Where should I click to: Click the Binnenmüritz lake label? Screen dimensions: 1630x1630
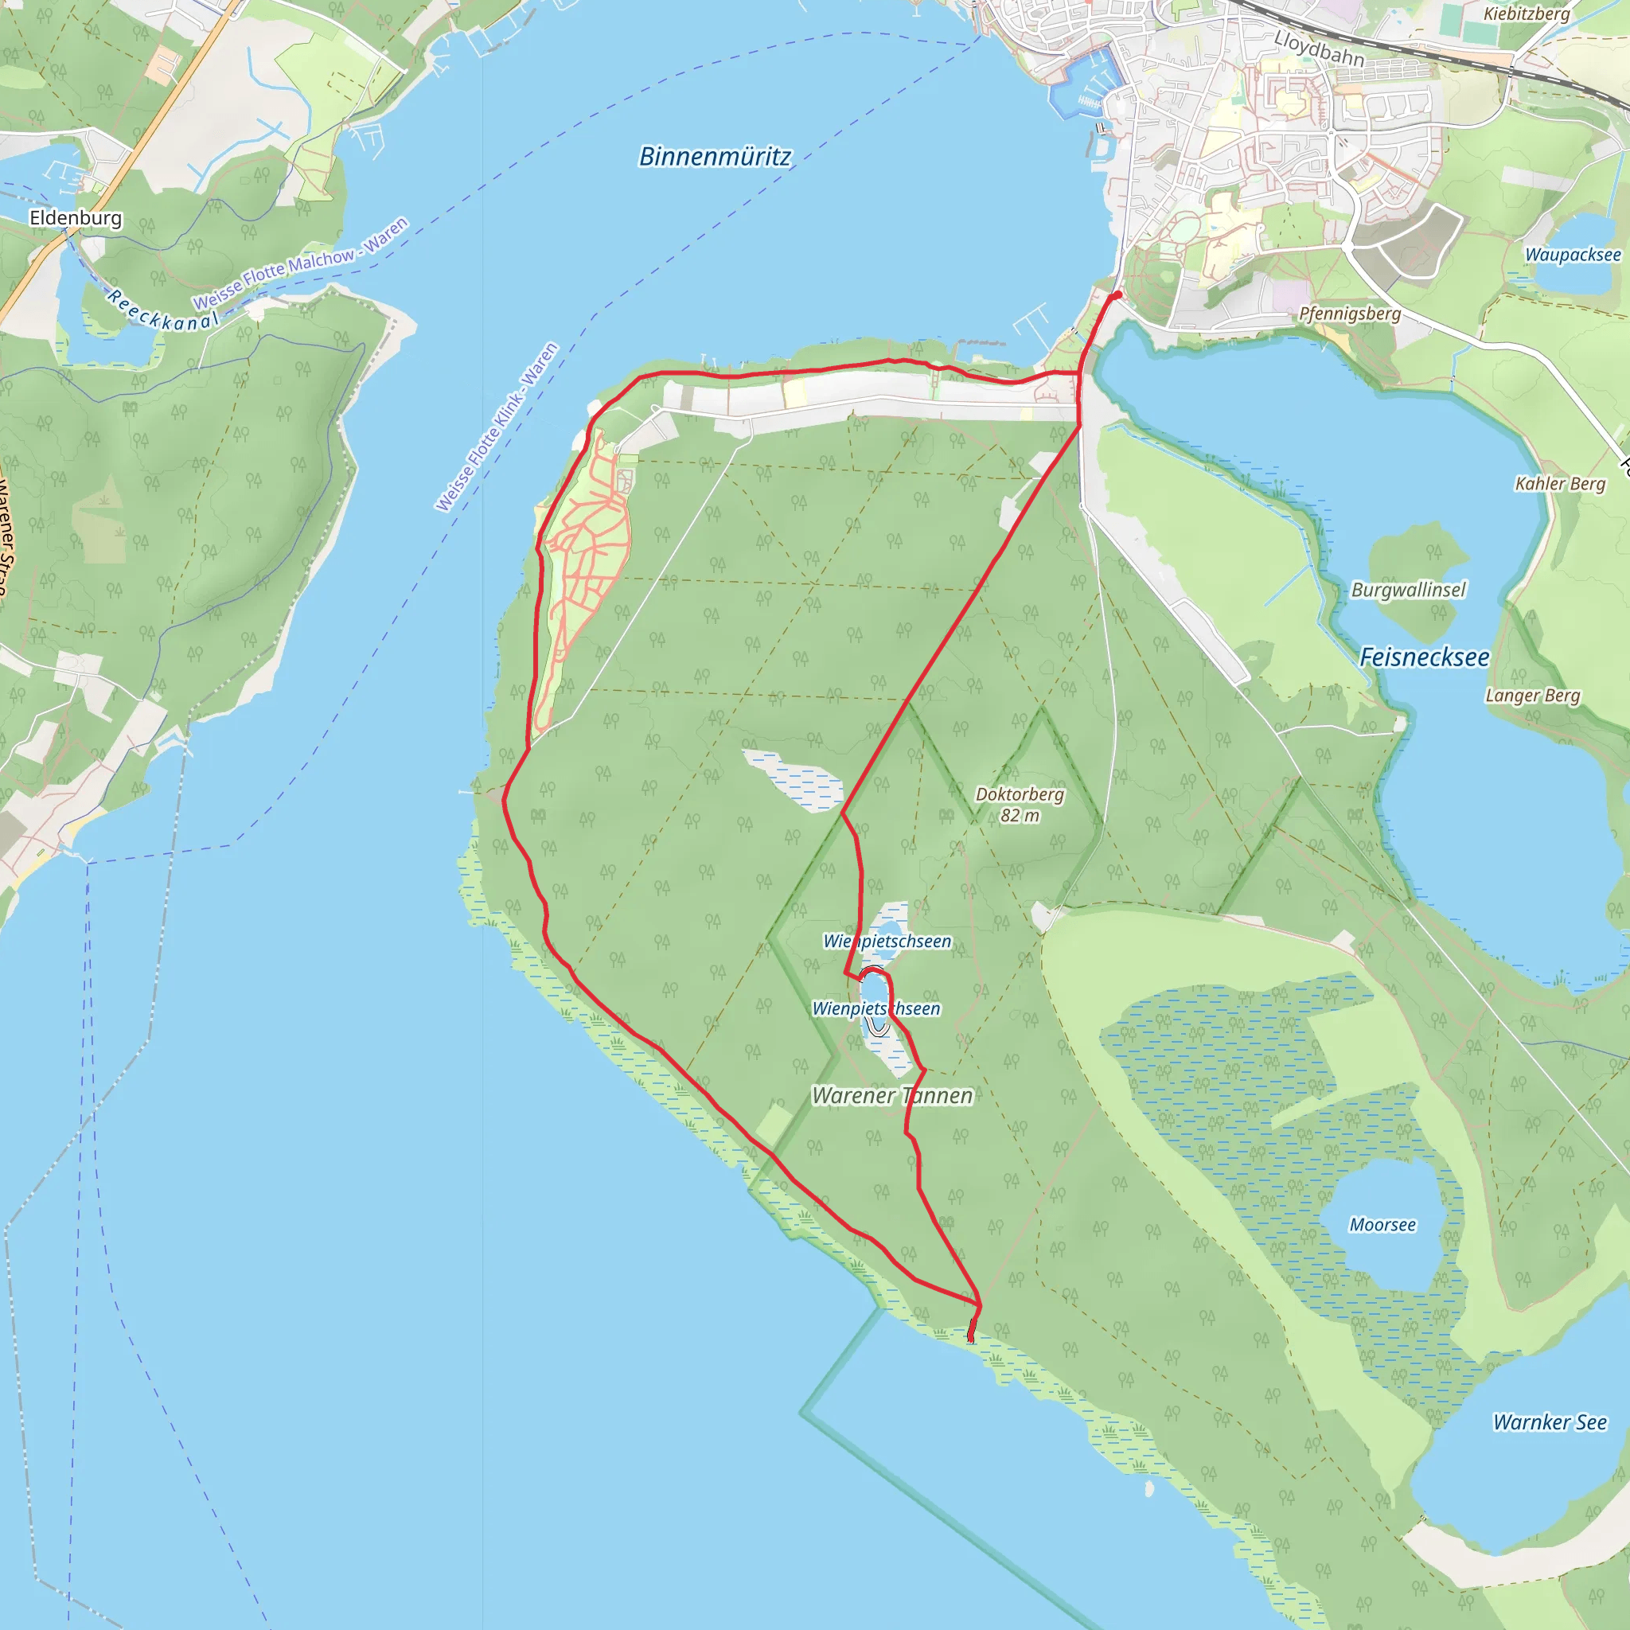(x=715, y=157)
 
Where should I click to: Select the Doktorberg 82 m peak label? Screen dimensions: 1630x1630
(x=1020, y=804)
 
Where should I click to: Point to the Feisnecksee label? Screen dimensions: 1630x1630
(x=1424, y=657)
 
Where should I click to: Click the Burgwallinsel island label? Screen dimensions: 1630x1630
(x=1408, y=590)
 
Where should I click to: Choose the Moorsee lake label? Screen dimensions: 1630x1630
(x=1382, y=1224)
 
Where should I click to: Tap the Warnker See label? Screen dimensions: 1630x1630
(x=1549, y=1421)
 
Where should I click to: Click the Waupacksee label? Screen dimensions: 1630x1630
(x=1572, y=255)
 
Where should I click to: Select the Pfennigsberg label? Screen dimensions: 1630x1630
(x=1349, y=314)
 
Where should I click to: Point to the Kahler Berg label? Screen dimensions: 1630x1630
(x=1559, y=483)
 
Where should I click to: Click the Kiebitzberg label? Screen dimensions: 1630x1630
(x=1527, y=14)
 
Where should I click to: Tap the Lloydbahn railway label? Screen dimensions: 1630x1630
(x=1318, y=48)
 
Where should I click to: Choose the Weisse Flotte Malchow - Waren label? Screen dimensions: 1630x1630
(x=299, y=263)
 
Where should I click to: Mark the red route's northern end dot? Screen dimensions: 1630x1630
(x=1116, y=295)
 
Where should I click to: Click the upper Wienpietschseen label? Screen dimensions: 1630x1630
(x=887, y=941)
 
